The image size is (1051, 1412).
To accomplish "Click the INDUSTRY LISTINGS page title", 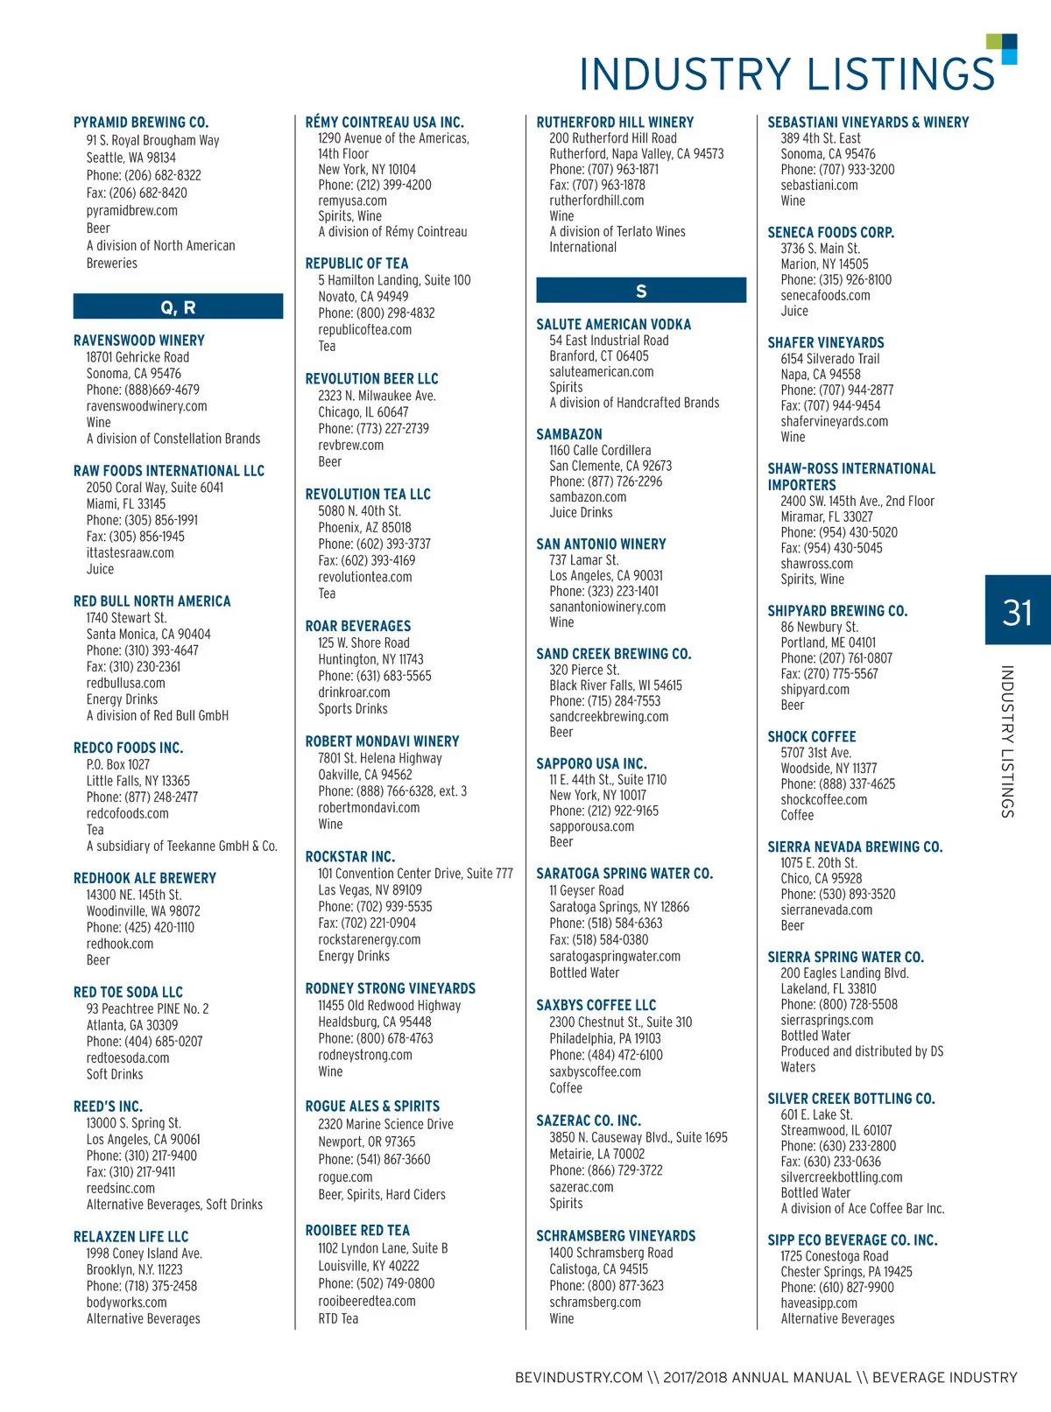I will [x=786, y=74].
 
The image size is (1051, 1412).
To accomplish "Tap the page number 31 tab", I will [x=1017, y=611].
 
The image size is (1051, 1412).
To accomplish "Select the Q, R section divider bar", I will [x=178, y=307].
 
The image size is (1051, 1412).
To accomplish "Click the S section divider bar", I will [x=641, y=291].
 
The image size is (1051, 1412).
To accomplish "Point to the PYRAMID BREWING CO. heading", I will [x=141, y=123].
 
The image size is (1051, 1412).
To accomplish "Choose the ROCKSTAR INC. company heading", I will [x=349, y=856].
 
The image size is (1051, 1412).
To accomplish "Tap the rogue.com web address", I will [x=345, y=1177].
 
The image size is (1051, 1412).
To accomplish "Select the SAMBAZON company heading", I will [x=569, y=434].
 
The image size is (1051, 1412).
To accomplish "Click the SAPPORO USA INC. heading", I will [x=591, y=763].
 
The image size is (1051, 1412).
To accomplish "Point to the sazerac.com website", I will [x=582, y=1187].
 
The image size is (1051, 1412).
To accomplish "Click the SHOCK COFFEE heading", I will [x=812, y=737].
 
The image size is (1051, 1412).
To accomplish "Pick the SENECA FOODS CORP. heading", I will [x=830, y=233].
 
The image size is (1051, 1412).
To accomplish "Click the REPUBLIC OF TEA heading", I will [x=356, y=263].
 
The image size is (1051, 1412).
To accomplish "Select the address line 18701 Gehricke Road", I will [x=138, y=357].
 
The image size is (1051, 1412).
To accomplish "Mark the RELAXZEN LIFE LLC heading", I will [x=130, y=1237].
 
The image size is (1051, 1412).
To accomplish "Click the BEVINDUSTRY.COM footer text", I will [x=579, y=1377].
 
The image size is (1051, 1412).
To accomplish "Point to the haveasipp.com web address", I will [x=819, y=1303].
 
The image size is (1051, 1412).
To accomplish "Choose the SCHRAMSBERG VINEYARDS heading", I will [x=616, y=1236].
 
